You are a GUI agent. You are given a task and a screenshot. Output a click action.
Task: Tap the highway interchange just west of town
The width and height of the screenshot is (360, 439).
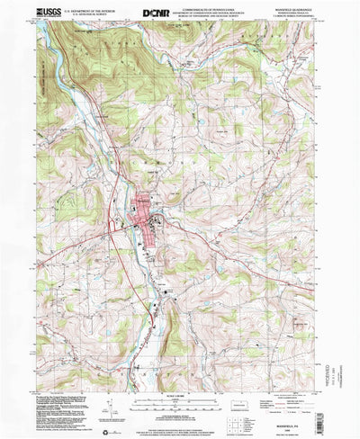coord(114,219)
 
